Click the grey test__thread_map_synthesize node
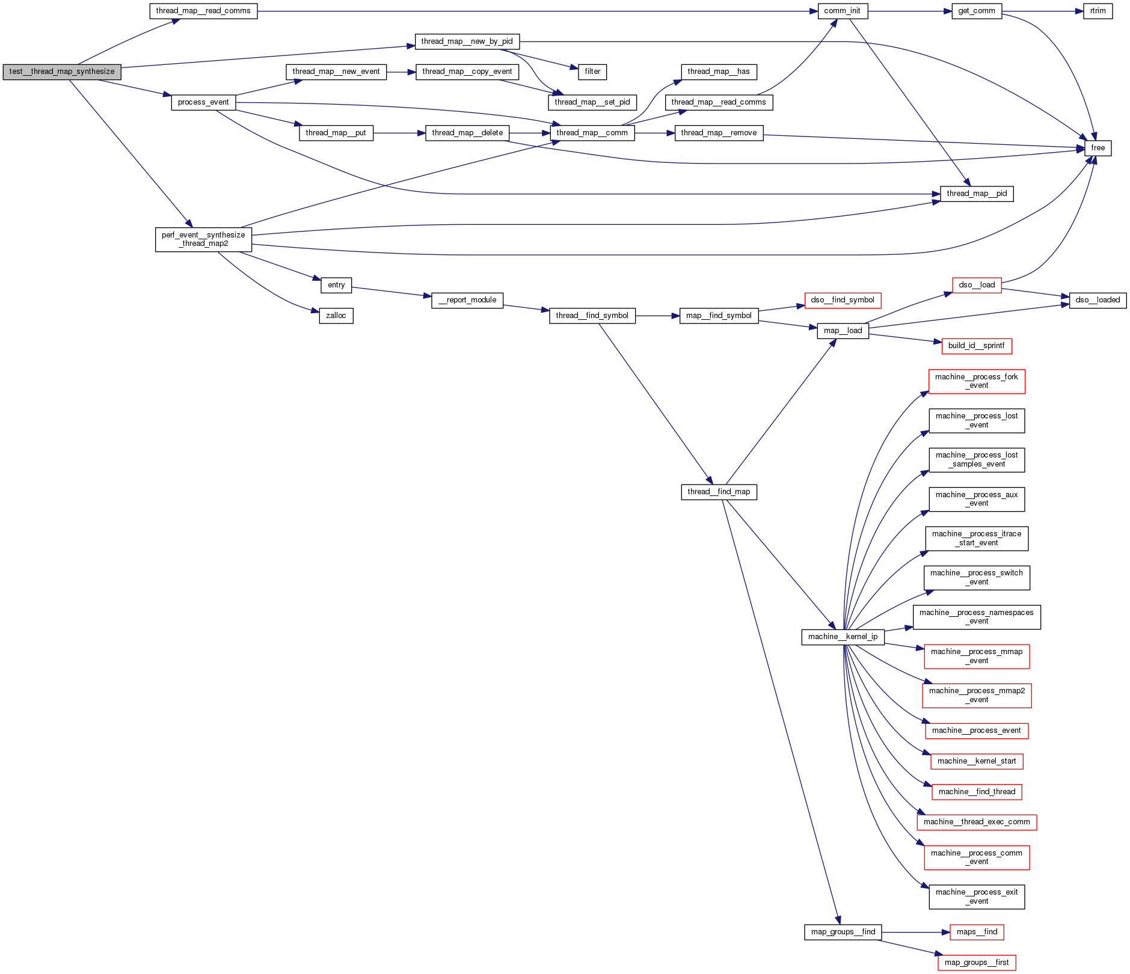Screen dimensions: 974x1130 pos(62,72)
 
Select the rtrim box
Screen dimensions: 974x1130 pos(1098,11)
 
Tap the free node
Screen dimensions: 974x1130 pos(1098,148)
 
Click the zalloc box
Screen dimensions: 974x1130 pos(336,316)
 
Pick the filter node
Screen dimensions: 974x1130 pos(592,72)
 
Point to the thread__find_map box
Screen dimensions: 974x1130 pos(719,492)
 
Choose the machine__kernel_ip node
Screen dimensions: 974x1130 pos(843,637)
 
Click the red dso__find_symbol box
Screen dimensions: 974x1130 pos(843,300)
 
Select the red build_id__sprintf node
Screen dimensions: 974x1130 pos(976,346)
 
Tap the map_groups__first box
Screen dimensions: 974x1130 pos(977,963)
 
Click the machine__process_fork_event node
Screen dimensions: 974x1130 pos(977,381)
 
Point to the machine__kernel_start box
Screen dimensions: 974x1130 pos(977,761)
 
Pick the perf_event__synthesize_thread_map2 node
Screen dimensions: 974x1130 pos(203,239)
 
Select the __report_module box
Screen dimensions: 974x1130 pos(467,300)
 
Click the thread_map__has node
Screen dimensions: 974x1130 pos(719,72)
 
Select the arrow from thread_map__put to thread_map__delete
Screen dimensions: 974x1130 pos(399,133)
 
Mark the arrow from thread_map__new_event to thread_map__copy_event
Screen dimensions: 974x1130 pos(401,72)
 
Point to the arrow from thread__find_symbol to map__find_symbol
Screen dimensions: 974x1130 pos(657,316)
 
